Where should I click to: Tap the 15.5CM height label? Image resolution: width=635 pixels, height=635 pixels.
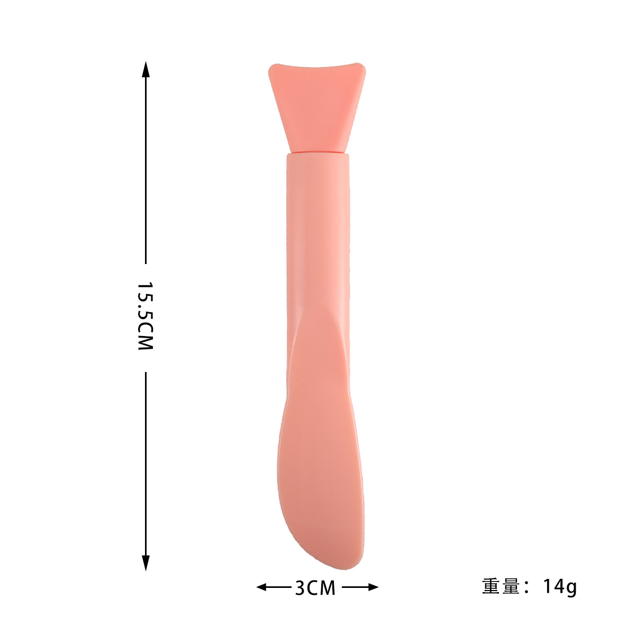tap(145, 316)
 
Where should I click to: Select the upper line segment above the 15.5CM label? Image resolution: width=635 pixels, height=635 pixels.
tap(146, 169)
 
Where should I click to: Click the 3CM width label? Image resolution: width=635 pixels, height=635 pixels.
tap(315, 587)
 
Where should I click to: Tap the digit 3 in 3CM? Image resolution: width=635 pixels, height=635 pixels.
tap(300, 587)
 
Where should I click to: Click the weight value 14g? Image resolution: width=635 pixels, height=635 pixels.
tap(559, 587)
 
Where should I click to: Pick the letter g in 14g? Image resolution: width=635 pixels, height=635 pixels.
tap(570, 588)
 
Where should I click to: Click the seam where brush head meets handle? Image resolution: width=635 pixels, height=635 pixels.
tap(317, 153)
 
